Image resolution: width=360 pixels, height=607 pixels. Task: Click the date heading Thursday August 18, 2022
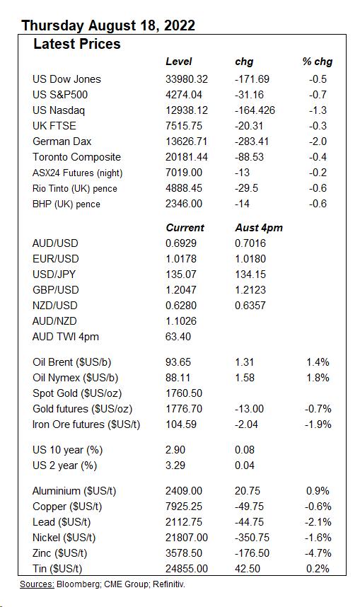108,26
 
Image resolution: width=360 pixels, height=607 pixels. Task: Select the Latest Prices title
77,44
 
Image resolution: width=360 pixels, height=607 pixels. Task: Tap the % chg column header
317,62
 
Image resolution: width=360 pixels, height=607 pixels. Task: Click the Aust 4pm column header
258,228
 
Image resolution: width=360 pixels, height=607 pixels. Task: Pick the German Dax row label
62,141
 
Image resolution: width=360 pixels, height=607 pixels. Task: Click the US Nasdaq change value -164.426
255,110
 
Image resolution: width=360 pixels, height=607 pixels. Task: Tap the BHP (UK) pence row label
66,204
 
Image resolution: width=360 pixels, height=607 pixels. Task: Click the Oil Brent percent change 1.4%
318,362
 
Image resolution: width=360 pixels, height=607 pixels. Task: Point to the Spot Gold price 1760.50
184,393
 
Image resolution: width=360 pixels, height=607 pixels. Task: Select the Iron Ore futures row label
86,424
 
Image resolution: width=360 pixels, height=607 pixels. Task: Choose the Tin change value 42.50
248,569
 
